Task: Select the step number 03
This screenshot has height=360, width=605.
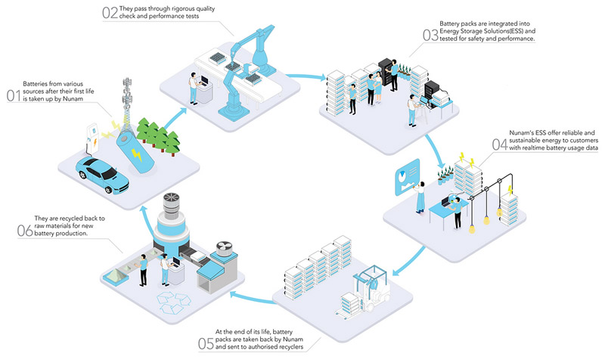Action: tap(430, 34)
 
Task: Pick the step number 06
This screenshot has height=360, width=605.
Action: tap(26, 229)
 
